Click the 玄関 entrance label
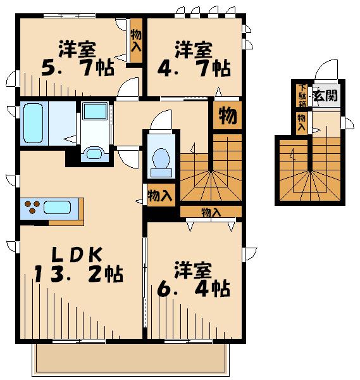pos(325,96)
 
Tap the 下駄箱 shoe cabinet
pos(302,96)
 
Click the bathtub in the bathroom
pos(34,123)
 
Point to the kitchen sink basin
pos(58,208)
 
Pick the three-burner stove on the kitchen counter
pos(32,207)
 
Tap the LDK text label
pos(77,255)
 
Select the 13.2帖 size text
pos(79,274)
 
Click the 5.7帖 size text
pos(78,68)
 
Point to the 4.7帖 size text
pos(194,68)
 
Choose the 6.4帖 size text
pos(194,288)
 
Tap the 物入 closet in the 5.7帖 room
pos(136,41)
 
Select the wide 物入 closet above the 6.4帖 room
pos(211,212)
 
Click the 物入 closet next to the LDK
pos(161,195)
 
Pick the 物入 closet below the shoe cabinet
pos(302,123)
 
